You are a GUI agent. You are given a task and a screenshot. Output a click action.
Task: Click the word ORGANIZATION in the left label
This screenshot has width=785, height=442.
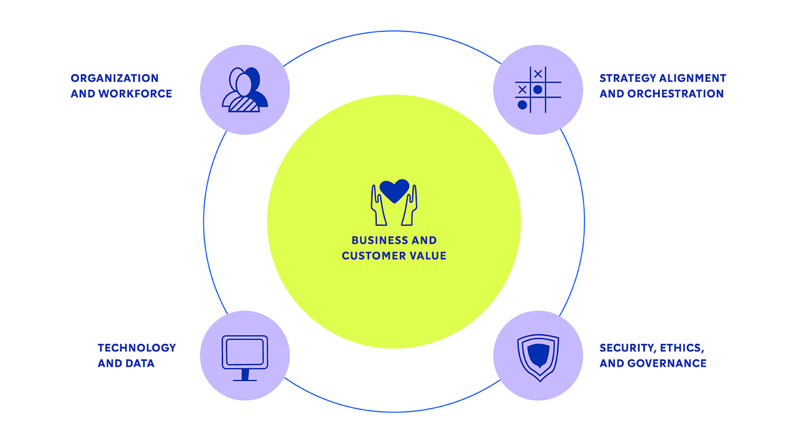[x=114, y=79]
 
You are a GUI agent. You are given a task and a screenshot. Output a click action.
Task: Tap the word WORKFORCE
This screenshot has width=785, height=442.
[x=135, y=94]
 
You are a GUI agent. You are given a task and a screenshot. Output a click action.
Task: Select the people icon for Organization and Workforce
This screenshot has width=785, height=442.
[x=244, y=90]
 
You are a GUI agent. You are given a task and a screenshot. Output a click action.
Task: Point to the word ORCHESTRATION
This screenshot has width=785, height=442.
[x=676, y=94]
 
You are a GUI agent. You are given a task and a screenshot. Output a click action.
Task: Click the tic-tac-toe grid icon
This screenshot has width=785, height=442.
[x=537, y=90]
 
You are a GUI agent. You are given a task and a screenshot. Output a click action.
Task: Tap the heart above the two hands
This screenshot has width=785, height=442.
[x=394, y=190]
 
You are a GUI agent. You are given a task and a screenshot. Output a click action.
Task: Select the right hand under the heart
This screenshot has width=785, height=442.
[x=411, y=206]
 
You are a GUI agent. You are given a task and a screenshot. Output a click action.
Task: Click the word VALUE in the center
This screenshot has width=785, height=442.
[x=428, y=256]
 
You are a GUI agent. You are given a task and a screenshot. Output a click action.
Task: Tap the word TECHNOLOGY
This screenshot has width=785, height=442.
[x=137, y=348]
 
